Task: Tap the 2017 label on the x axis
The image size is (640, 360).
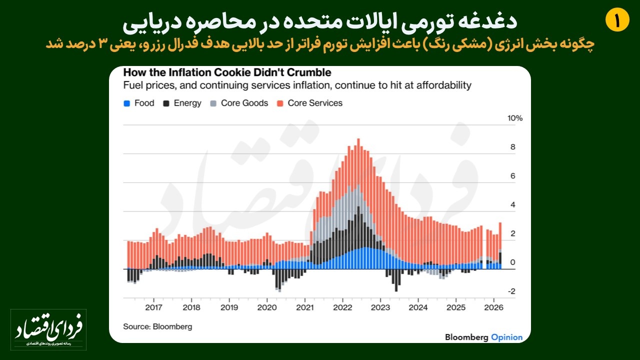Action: tap(153, 307)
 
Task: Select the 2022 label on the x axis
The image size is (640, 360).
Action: tap(342, 307)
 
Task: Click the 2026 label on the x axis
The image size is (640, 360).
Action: tap(493, 307)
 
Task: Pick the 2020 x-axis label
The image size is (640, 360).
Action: tap(266, 307)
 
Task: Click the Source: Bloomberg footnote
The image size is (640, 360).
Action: tap(157, 326)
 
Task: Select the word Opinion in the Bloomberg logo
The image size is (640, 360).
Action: tap(506, 337)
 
